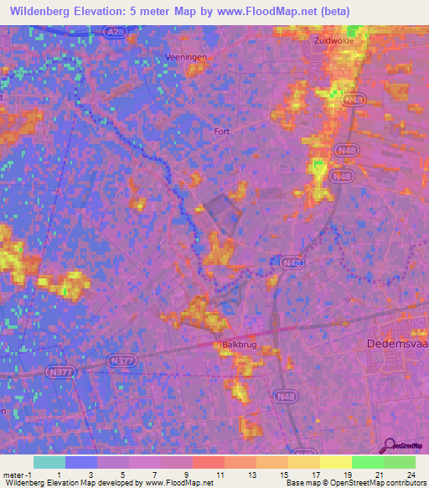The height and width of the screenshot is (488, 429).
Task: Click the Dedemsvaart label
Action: click(x=397, y=343)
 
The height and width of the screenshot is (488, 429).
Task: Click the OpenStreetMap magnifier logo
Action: click(x=389, y=445)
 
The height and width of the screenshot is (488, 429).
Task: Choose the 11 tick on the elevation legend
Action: click(x=219, y=474)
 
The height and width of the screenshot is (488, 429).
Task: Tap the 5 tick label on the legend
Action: click(x=123, y=474)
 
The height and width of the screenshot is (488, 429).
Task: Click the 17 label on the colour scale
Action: click(x=315, y=474)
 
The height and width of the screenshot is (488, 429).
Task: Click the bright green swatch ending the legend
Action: click(x=400, y=462)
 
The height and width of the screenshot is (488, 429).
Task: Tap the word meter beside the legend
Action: click(x=12, y=474)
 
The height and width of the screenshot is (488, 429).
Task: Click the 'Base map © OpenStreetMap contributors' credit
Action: click(x=354, y=482)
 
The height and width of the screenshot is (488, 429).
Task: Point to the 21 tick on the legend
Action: click(x=380, y=474)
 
